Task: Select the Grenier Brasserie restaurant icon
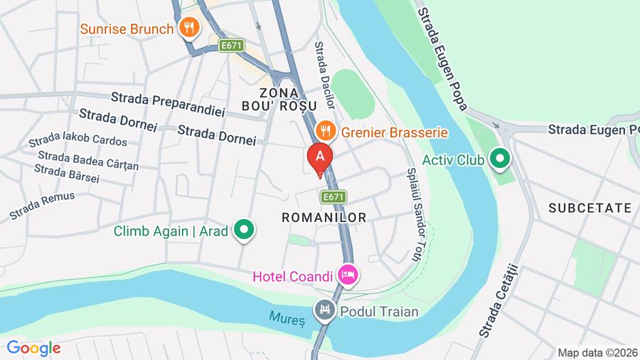(x=325, y=131)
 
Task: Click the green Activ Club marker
(x=501, y=159)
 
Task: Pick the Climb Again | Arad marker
(x=245, y=230)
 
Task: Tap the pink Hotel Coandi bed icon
(x=348, y=274)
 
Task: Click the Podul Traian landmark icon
(x=324, y=310)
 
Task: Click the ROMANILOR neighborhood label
(x=324, y=218)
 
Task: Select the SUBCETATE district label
(x=590, y=208)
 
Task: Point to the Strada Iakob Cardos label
(x=78, y=138)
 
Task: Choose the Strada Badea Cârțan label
(x=88, y=160)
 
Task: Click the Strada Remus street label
(x=42, y=206)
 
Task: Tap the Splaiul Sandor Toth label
(x=415, y=213)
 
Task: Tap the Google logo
(x=33, y=348)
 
